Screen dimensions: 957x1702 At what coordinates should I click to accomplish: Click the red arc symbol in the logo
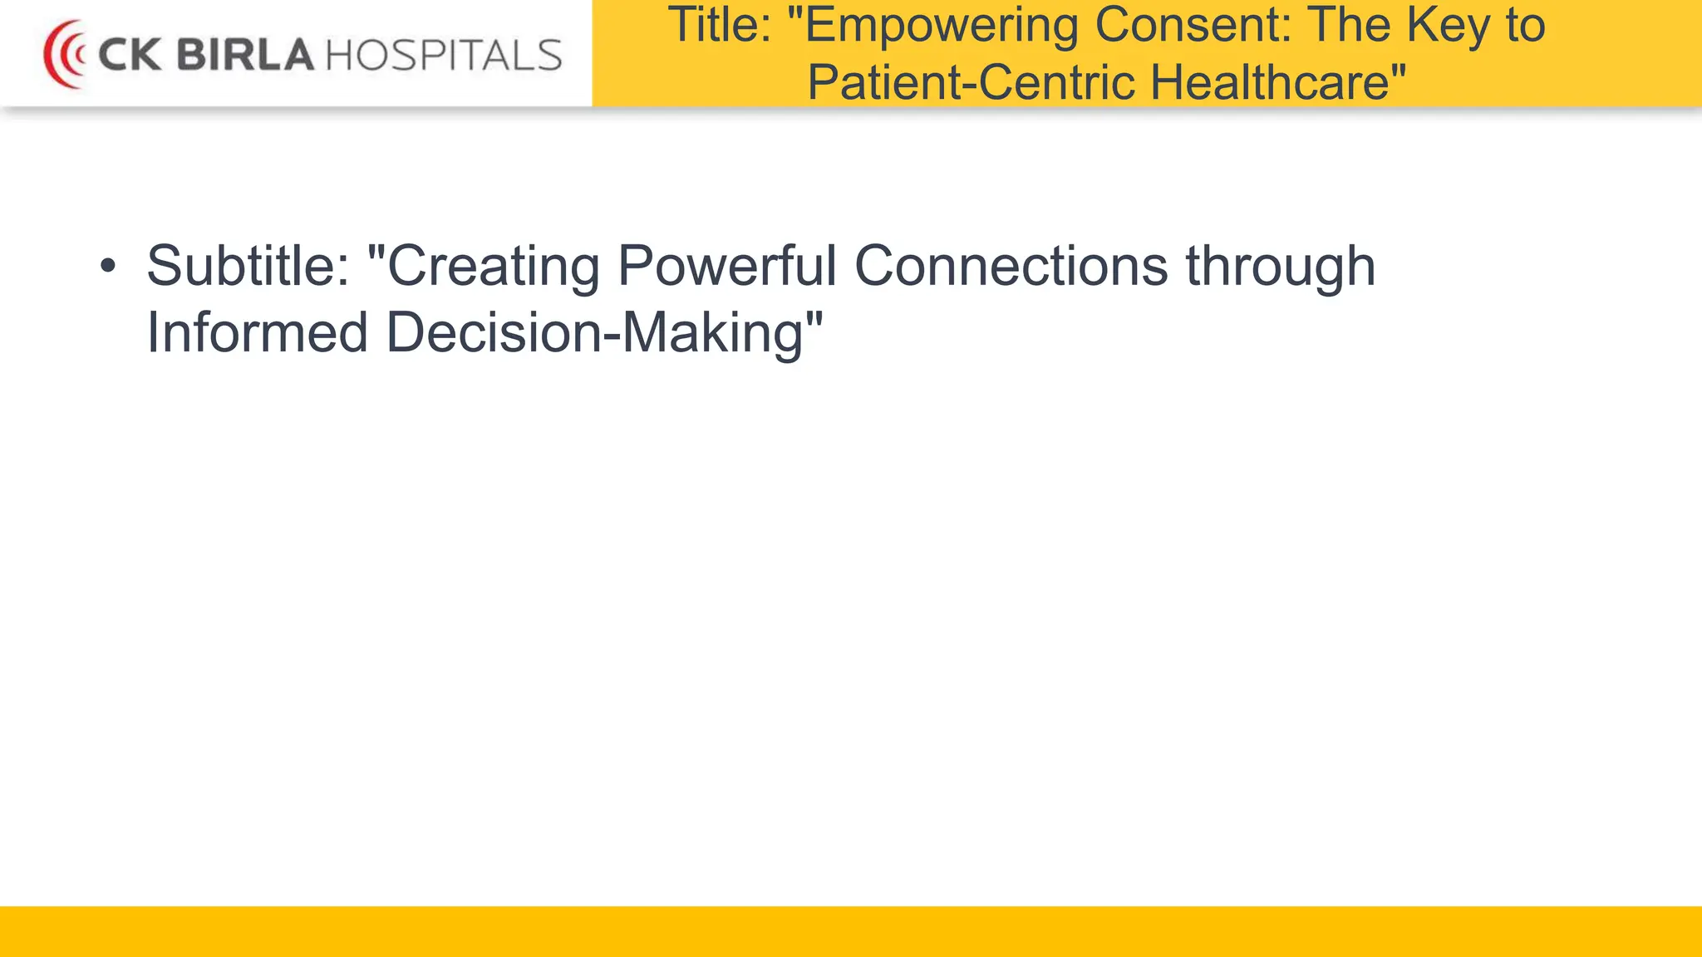[x=63, y=55]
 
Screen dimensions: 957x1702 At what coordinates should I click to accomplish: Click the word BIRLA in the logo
[x=245, y=56]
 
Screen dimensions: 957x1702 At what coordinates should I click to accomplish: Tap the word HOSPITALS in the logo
[x=444, y=56]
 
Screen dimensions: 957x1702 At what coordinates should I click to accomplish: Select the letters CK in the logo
[x=129, y=56]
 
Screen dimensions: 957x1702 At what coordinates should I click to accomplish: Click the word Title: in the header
[x=720, y=25]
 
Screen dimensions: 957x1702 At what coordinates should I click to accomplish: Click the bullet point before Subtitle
[x=107, y=267]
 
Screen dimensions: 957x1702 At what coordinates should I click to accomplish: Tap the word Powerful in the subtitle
[x=727, y=267]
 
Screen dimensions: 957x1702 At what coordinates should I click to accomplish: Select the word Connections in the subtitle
[x=1011, y=267]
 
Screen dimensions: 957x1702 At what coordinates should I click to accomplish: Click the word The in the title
[x=1350, y=25]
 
